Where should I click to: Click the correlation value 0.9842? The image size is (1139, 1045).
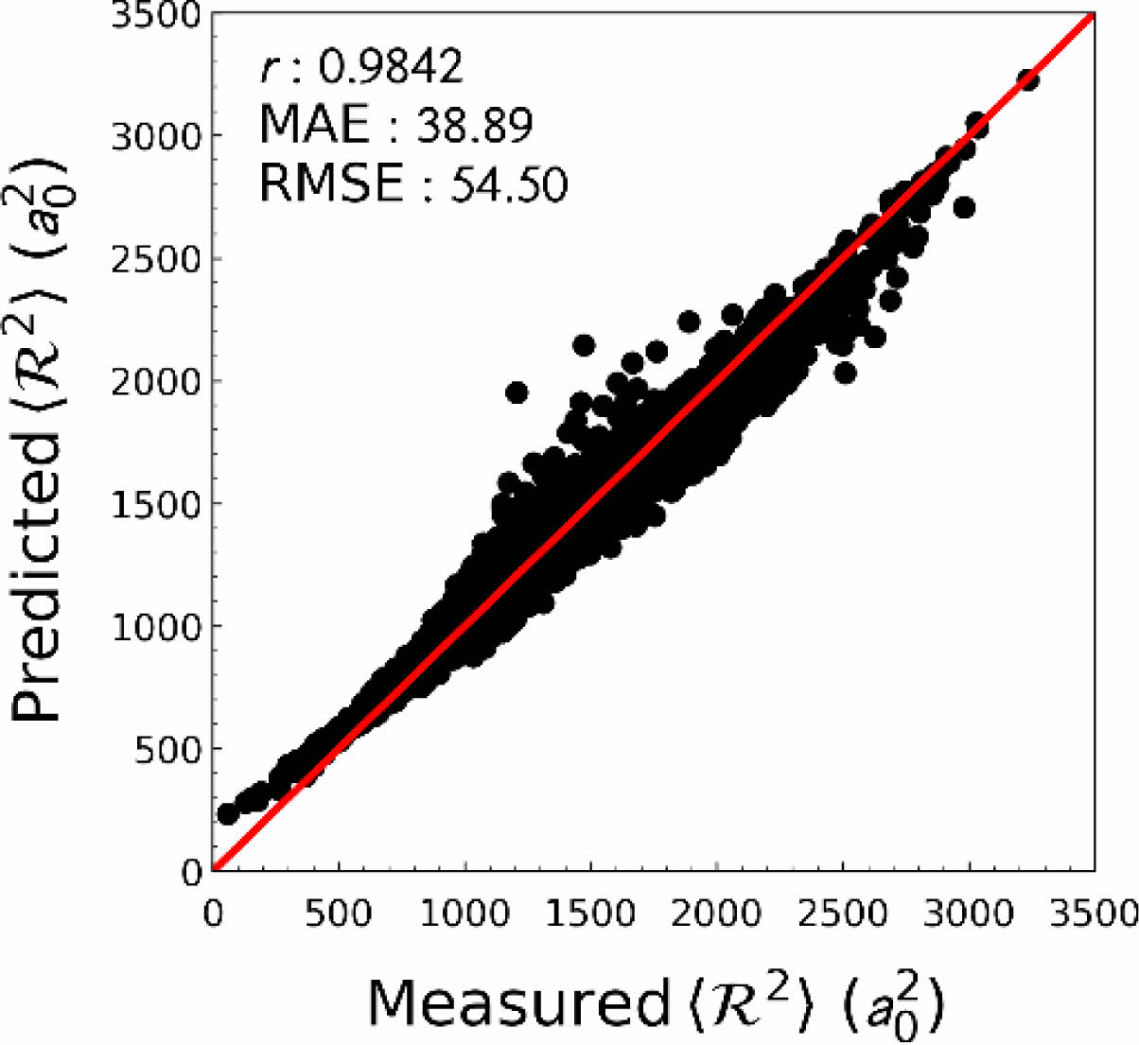[390, 66]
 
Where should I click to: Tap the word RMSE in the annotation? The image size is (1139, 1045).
[331, 183]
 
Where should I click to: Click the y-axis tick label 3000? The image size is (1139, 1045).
[156, 136]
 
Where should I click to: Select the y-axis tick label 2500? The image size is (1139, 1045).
[156, 259]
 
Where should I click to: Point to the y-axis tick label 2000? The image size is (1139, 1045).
[156, 381]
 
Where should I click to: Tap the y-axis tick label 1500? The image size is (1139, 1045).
[156, 504]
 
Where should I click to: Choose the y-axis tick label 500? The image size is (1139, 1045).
[168, 749]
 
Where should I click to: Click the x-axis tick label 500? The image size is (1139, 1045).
[338, 914]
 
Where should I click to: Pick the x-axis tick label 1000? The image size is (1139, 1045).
[464, 914]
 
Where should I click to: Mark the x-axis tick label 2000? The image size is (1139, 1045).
[716, 914]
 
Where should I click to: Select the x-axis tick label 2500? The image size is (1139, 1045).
[842, 914]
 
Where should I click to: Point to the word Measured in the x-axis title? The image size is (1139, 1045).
[517, 1002]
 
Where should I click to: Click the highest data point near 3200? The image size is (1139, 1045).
[1028, 80]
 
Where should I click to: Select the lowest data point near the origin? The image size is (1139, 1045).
[227, 813]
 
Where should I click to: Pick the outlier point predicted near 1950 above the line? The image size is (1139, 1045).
[517, 392]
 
